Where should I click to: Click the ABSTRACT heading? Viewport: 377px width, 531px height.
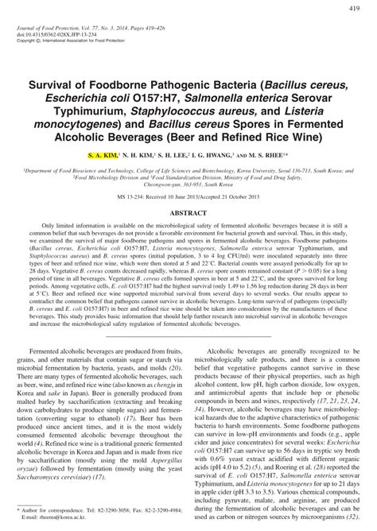[x=188, y=214]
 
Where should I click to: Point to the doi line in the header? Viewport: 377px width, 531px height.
[x=61, y=35]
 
